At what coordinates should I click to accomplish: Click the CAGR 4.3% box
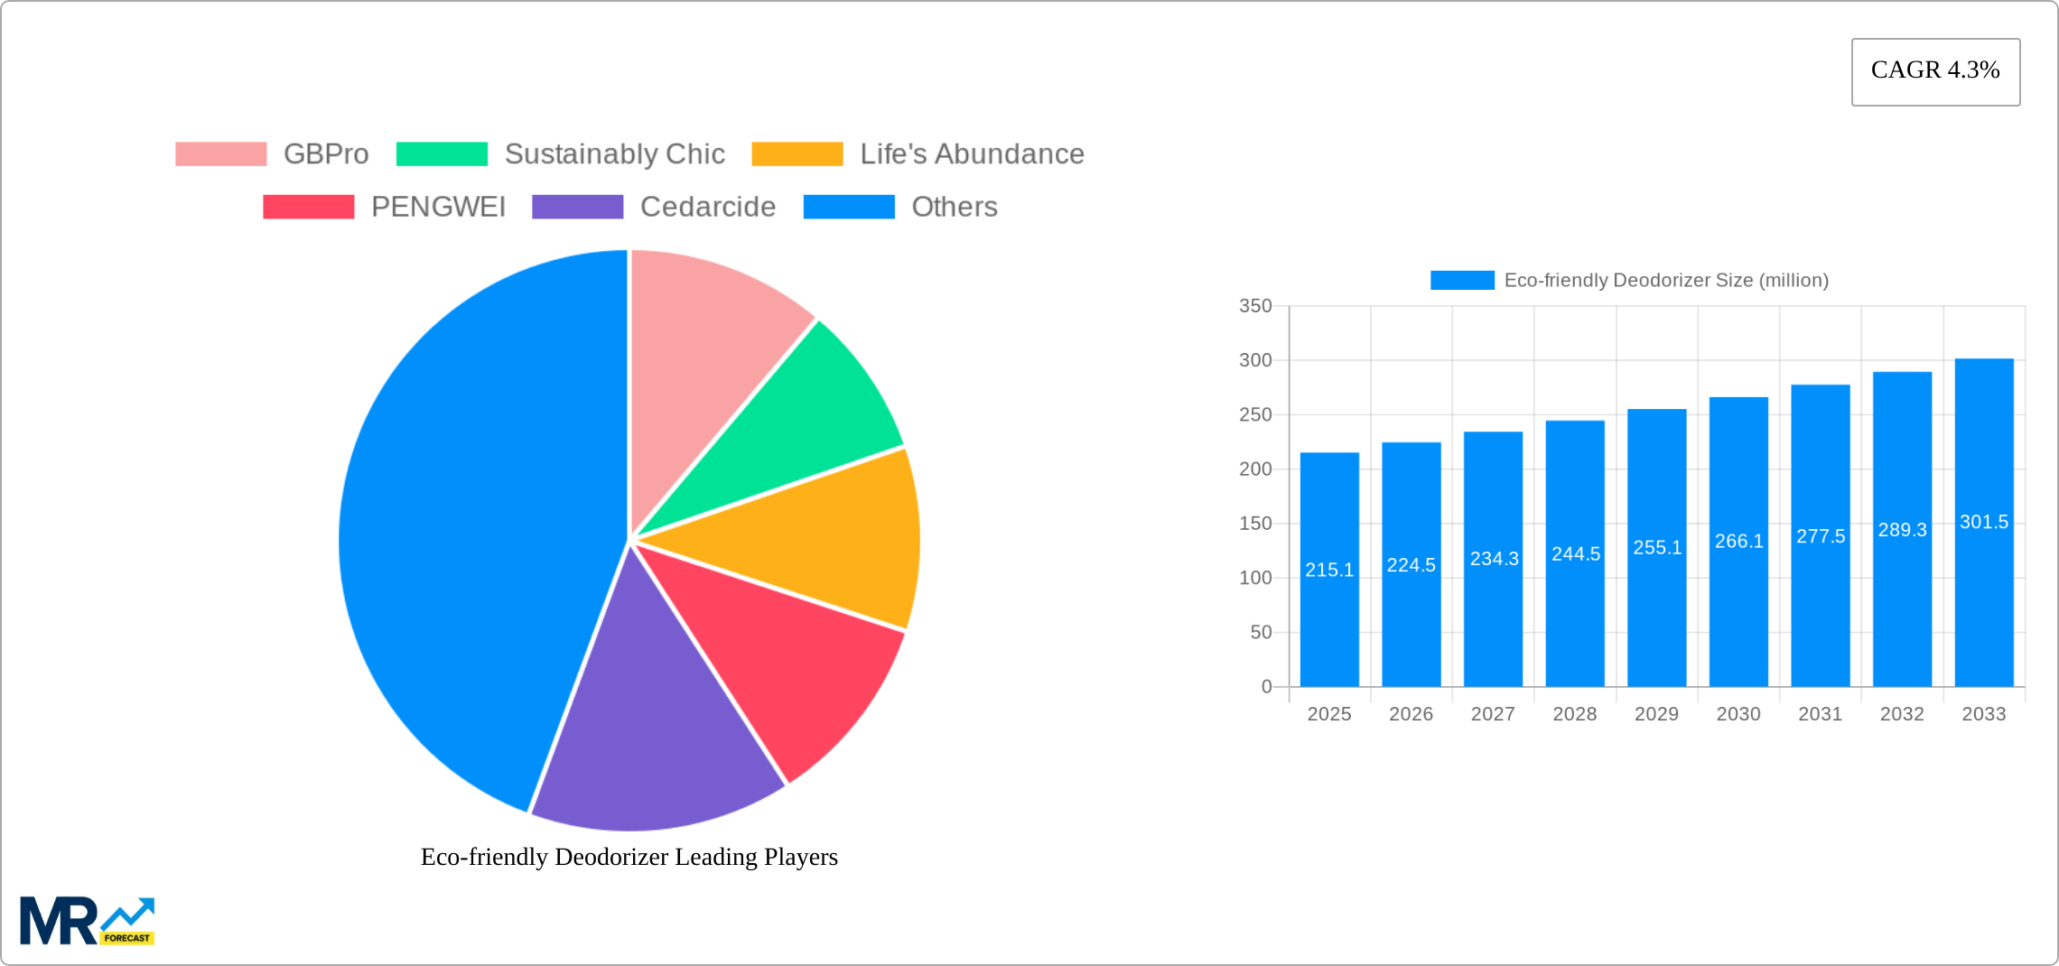(x=1935, y=71)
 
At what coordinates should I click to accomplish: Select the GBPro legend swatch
(x=220, y=154)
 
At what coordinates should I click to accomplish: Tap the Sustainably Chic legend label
(x=614, y=154)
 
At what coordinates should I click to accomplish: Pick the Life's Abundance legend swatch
(x=797, y=154)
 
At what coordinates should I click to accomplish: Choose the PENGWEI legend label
(x=438, y=207)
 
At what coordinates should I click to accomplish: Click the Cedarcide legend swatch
(x=577, y=207)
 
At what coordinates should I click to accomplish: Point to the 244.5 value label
(x=1576, y=553)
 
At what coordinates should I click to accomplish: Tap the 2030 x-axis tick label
(x=1738, y=714)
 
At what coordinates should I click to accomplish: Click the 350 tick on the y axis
(x=1255, y=306)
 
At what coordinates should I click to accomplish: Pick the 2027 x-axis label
(x=1493, y=714)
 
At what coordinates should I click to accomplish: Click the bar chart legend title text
(x=1666, y=281)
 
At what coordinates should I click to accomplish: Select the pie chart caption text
(x=629, y=857)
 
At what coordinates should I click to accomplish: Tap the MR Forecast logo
(x=87, y=921)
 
